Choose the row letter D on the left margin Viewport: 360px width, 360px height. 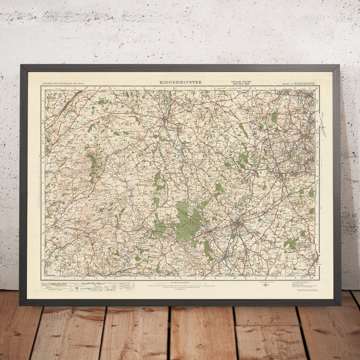point(43,163)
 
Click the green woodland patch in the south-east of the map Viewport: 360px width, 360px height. point(291,243)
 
